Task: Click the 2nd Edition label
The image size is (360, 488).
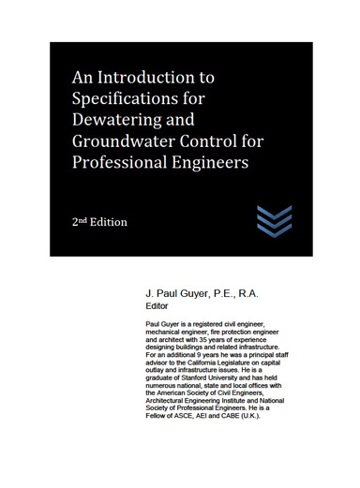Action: tap(99, 222)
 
